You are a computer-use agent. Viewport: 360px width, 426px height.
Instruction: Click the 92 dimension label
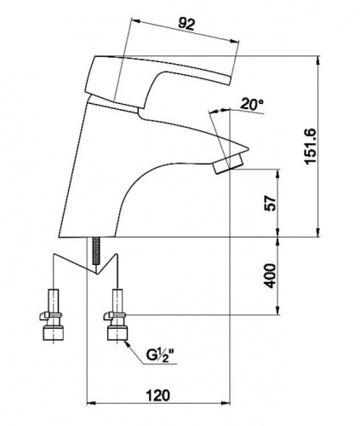(x=186, y=25)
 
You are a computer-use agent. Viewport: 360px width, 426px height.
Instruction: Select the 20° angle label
(x=252, y=104)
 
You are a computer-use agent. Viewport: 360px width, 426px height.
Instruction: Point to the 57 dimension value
(x=271, y=203)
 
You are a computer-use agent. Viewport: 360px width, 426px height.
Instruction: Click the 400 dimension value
(x=271, y=276)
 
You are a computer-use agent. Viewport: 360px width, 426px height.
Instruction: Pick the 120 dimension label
(x=157, y=395)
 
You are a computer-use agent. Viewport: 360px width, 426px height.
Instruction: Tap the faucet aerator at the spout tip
(x=229, y=164)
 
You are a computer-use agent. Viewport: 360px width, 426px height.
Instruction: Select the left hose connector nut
(x=53, y=333)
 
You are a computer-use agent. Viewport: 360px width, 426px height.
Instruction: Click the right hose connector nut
(x=117, y=333)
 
